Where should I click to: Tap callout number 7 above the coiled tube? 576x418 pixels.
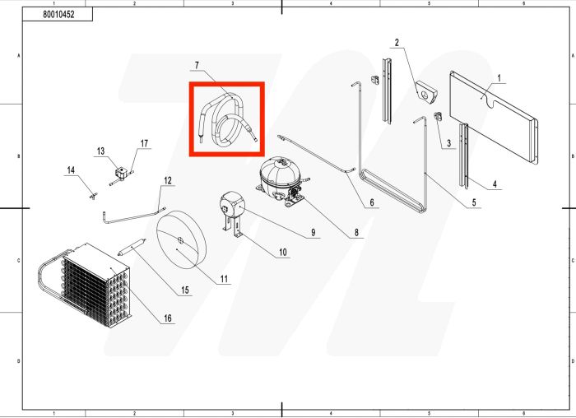click(x=197, y=65)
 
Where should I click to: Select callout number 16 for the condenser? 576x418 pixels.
click(x=168, y=318)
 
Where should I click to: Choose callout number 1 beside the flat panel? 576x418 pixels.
click(x=499, y=78)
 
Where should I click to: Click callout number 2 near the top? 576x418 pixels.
click(x=397, y=42)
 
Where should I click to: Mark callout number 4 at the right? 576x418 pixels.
click(x=495, y=183)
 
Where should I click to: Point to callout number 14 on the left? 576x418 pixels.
click(x=71, y=170)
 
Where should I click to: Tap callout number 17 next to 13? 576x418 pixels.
click(x=145, y=144)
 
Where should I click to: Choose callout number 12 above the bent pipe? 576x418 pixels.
click(x=167, y=179)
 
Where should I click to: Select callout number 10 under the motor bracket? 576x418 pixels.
click(x=282, y=253)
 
